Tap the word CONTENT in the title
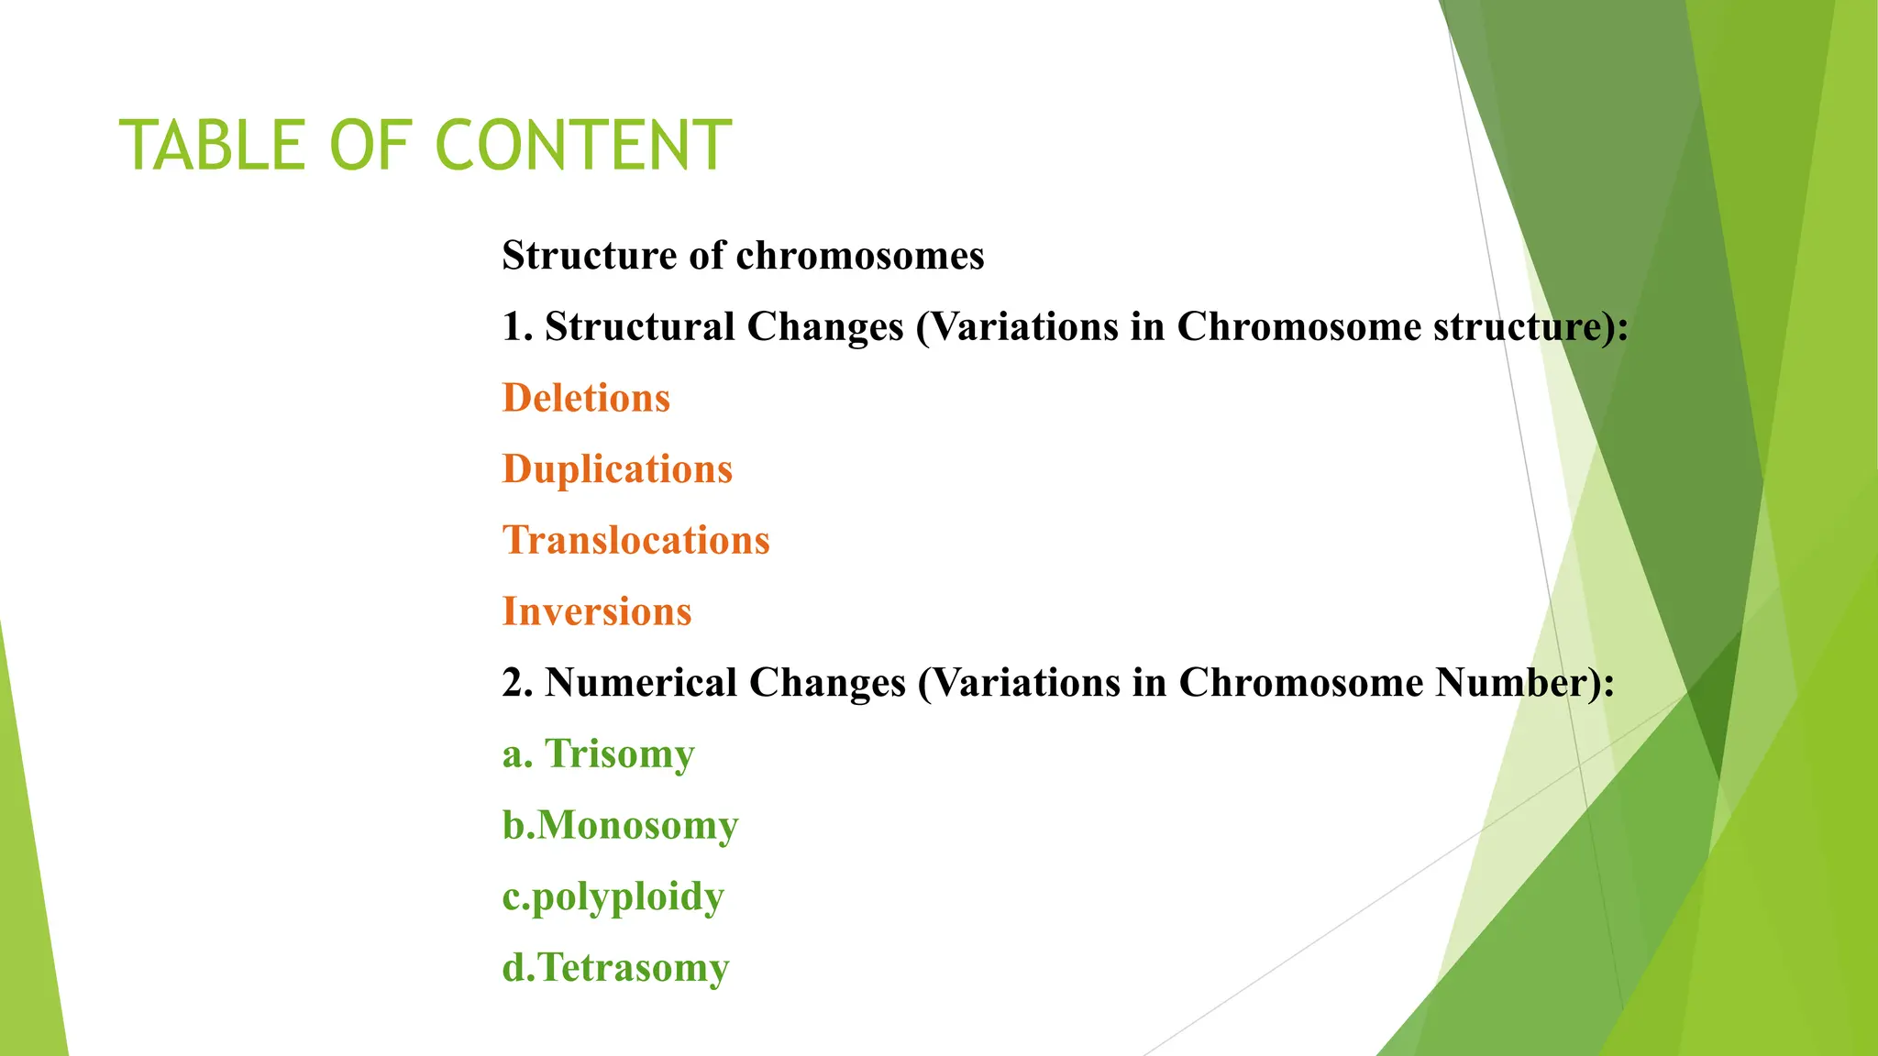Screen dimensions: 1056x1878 tap(583, 146)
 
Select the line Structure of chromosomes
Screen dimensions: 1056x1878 tap(743, 256)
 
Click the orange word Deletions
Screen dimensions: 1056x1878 tap(586, 398)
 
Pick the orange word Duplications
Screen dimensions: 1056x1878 tap(617, 469)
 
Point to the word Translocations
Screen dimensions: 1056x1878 tap(635, 540)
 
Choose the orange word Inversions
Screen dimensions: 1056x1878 tap(597, 611)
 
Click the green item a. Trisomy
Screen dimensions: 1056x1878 tap(598, 754)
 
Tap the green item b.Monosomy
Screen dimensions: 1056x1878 tap(620, 825)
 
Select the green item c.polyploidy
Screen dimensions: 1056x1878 tap(613, 896)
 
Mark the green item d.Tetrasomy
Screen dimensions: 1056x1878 tap(615, 968)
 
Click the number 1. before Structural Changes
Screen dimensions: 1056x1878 tap(516, 327)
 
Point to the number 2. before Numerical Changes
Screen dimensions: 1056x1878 tap(517, 683)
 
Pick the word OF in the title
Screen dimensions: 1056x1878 tap(370, 146)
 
